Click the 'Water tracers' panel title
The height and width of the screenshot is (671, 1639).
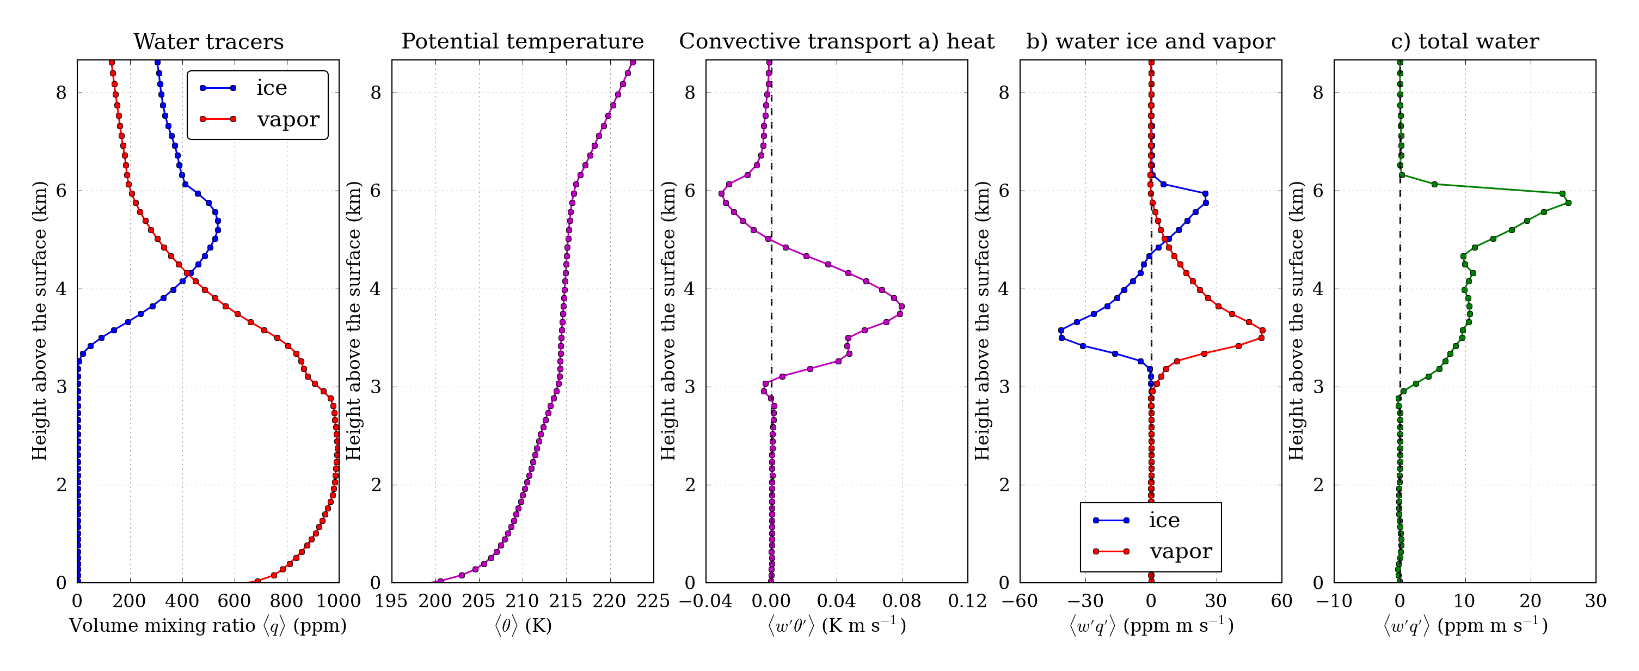coord(208,42)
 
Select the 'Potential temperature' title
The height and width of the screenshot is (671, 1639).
coord(523,42)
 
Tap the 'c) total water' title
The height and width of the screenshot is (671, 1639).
coord(1465,42)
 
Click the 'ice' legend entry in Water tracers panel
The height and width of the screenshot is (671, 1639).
coord(271,88)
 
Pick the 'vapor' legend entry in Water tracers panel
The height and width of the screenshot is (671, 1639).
coord(287,119)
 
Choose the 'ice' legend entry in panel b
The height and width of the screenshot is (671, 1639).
coord(1164,521)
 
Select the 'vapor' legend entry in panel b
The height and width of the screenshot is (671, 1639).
coord(1180,551)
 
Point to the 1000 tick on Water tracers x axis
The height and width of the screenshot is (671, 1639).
coord(339,601)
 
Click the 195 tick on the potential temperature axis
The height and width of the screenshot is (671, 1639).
coord(391,601)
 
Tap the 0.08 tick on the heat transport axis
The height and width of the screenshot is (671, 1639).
coord(901,601)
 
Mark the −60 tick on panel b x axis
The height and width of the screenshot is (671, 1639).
coord(1020,601)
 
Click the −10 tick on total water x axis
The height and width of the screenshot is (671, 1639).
coord(1334,601)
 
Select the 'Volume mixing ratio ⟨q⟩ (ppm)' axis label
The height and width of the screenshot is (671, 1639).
coord(207,626)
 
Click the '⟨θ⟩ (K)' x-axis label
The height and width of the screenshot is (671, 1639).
coord(523,626)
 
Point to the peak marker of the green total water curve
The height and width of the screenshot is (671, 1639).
coord(1568,203)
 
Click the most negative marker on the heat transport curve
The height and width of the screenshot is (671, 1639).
coord(721,193)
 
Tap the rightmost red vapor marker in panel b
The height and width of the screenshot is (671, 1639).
coord(1262,331)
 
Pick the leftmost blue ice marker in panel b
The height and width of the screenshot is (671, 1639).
coord(1061,331)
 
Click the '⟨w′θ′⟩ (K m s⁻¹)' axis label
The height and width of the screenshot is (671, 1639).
coord(837,626)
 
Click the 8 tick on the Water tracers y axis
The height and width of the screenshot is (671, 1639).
coord(61,93)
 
